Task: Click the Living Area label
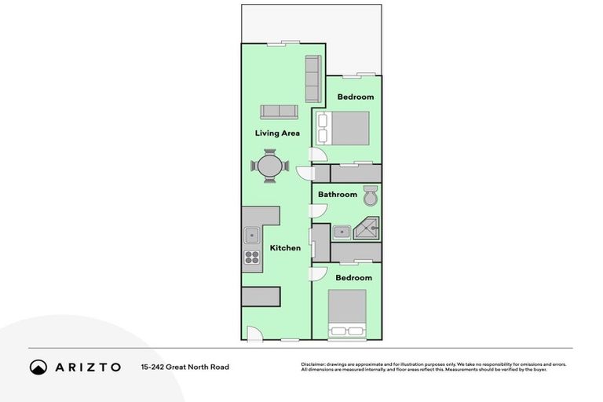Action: (x=277, y=133)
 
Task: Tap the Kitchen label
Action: (x=285, y=248)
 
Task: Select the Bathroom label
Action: (x=338, y=195)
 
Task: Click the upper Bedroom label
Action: (x=355, y=97)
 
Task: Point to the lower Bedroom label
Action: (x=353, y=278)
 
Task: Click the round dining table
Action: (x=270, y=166)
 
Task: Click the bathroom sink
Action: (x=341, y=232)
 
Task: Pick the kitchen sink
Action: (x=251, y=234)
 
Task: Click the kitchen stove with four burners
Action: (x=251, y=256)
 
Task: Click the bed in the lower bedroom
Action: (x=348, y=313)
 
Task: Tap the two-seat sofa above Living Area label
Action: (x=279, y=111)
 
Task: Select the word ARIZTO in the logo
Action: (x=87, y=367)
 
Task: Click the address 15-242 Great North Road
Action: (x=185, y=367)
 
